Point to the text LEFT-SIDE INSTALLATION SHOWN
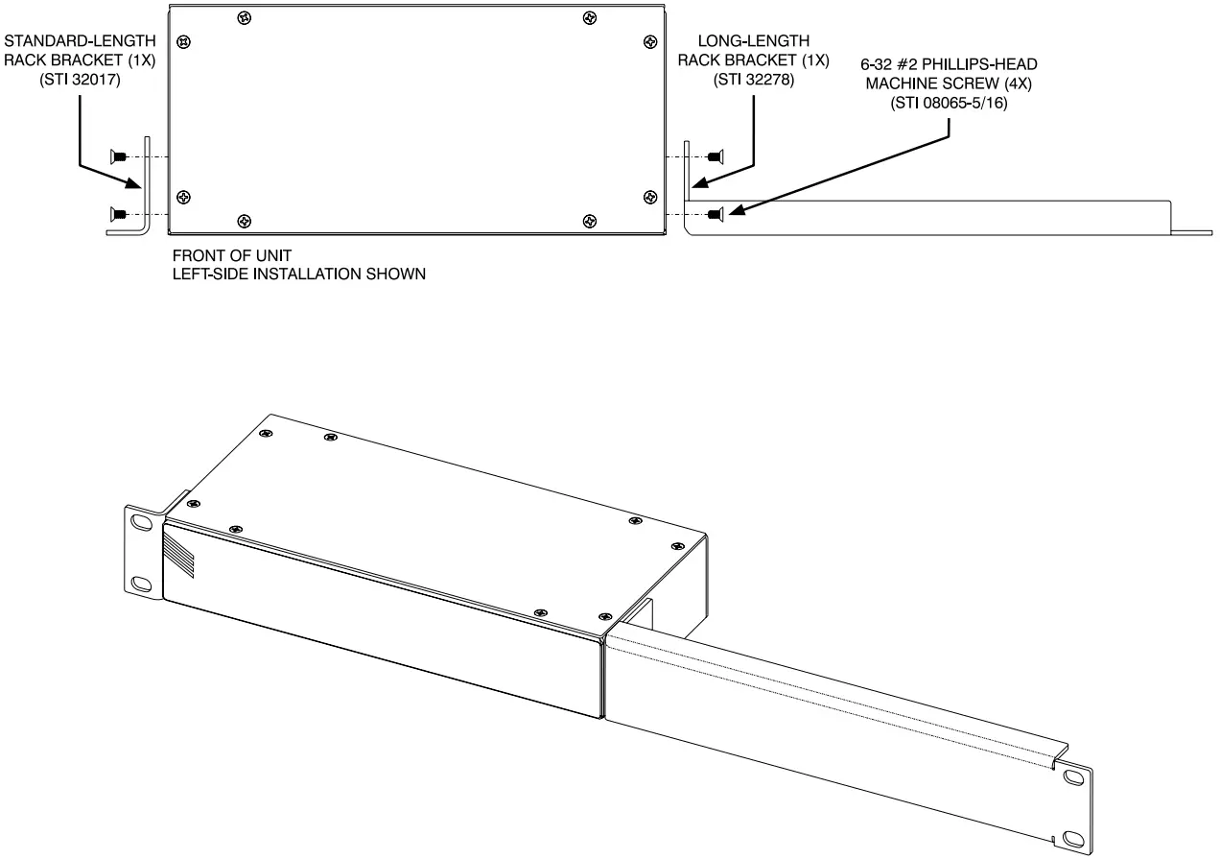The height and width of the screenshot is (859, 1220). tap(298, 274)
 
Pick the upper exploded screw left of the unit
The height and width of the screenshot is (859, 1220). tap(119, 155)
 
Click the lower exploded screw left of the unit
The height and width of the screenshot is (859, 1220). tap(119, 213)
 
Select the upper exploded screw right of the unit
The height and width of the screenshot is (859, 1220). tap(715, 155)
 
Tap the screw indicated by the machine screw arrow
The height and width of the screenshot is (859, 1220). tap(715, 213)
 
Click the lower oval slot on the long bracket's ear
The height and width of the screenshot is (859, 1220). tap(1071, 838)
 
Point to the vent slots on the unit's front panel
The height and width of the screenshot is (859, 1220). tap(179, 557)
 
